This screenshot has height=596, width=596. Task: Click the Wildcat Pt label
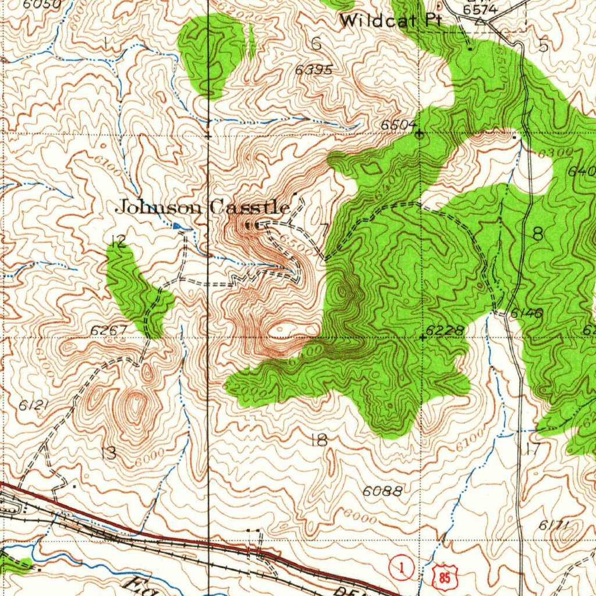coord(391,21)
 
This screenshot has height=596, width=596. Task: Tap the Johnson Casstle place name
coord(204,207)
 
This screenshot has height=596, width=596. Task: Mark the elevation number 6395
coord(314,70)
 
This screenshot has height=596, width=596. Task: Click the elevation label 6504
coord(399,125)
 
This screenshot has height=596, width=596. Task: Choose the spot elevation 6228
coord(445,331)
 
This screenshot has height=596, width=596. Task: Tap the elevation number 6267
coord(108,331)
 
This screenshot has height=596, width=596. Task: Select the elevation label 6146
coord(527,314)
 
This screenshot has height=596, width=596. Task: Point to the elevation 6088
coord(382,491)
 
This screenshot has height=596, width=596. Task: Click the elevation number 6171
coord(552,526)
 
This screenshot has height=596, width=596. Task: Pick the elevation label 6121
coord(32,406)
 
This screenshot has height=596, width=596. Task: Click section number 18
coord(319,440)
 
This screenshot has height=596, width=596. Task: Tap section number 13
coord(108,453)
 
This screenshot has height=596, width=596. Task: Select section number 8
coord(538,234)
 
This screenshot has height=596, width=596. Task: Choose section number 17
coord(533,449)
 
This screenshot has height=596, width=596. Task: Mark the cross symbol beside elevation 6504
coord(420,133)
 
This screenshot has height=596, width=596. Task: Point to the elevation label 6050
coord(43,3)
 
